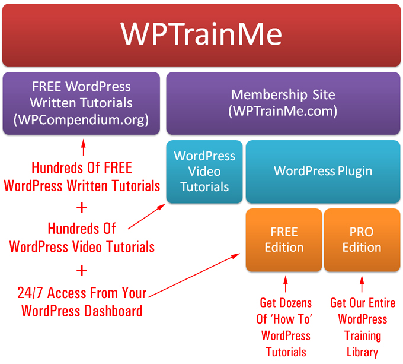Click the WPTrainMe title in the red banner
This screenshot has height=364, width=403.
pyautogui.click(x=201, y=34)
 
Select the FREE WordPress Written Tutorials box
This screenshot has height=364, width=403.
pyautogui.click(x=81, y=103)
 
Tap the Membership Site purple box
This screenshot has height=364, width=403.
pyautogui.click(x=283, y=103)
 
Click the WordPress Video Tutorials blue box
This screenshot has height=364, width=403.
pyautogui.click(x=204, y=172)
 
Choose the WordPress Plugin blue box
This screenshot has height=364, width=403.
pyautogui.click(x=323, y=172)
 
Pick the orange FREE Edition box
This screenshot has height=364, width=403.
pyautogui.click(x=284, y=240)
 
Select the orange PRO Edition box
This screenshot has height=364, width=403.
pyautogui.click(x=362, y=240)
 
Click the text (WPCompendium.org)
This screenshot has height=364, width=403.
pyautogui.click(x=81, y=120)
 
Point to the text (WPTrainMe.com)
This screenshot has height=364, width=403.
pyautogui.click(x=283, y=111)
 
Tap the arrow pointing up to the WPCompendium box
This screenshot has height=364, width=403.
pyautogui.click(x=84, y=147)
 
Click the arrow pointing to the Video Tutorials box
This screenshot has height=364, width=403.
pyautogui.click(x=146, y=217)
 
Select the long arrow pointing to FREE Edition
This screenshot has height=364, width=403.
pyautogui.click(x=194, y=276)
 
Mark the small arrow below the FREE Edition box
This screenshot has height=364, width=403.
pyautogui.click(x=286, y=284)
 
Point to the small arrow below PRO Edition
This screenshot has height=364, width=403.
pyautogui.click(x=362, y=284)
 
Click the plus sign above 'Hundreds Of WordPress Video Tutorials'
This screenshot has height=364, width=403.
pyautogui.click(x=82, y=208)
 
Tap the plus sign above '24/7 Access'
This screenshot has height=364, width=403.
pyautogui.click(x=82, y=271)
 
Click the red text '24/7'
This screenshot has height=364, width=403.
pyautogui.click(x=30, y=293)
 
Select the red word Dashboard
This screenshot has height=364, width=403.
pyautogui.click(x=113, y=311)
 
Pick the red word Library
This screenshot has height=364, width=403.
pyautogui.click(x=362, y=352)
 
